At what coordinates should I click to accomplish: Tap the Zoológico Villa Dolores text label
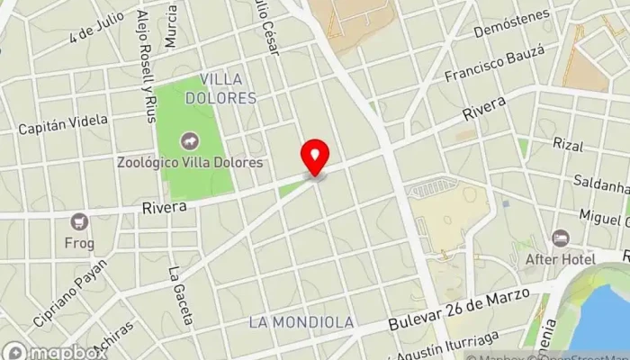[190, 163]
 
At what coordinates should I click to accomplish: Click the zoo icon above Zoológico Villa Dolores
[190, 141]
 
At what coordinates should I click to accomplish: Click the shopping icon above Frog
[79, 221]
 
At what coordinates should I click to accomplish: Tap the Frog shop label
[79, 241]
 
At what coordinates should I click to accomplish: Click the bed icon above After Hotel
[561, 238]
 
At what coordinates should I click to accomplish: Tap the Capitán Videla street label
[63, 124]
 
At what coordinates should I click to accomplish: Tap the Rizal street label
[568, 144]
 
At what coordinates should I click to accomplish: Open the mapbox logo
[54, 350]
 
